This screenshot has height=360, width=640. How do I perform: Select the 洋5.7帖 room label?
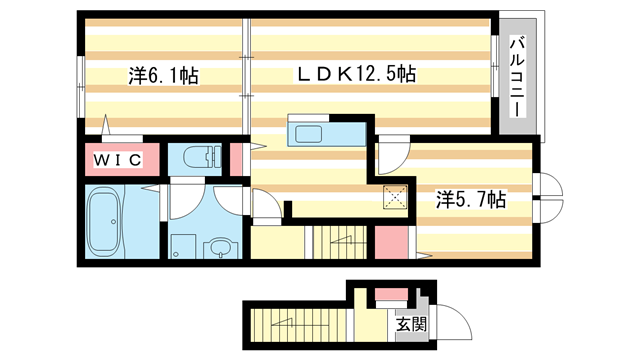(469, 199)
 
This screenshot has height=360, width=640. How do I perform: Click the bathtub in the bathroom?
(104, 222)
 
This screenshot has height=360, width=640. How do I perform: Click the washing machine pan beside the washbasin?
(183, 246)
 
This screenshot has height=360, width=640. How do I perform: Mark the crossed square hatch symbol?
(395, 197)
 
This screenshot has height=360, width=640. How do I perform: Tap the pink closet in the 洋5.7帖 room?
(391, 242)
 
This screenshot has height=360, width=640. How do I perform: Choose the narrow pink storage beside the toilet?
(237, 160)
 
